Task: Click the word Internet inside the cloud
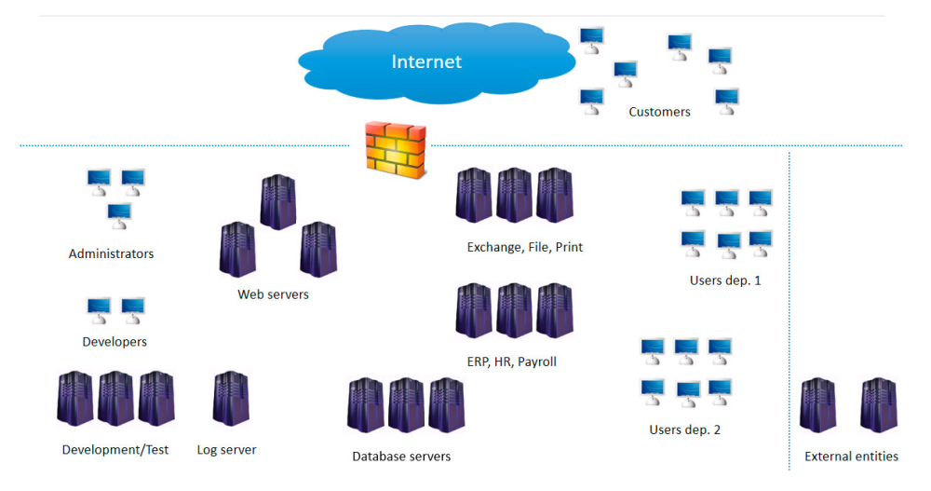pos(426,62)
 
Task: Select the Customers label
pos(659,112)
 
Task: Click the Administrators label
pos(111,253)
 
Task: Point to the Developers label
pos(115,342)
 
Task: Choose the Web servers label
pos(273,294)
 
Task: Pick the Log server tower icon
pos(230,399)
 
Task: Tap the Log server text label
pos(226,450)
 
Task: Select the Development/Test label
pos(115,450)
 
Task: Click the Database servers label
pos(401,457)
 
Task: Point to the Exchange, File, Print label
pos(525,248)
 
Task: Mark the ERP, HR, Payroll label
pos(512,361)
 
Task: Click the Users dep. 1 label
pos(725,280)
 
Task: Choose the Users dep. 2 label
pos(684,430)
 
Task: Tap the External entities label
pos(851,457)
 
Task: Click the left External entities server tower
pos(817,405)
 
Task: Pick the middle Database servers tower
pos(406,405)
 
